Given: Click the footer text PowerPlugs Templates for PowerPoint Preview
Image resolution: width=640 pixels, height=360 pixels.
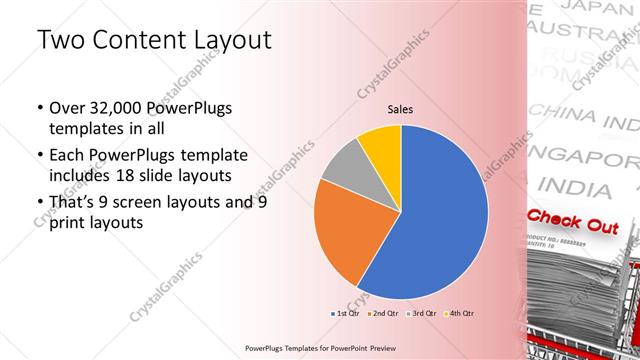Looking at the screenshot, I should coord(320,347).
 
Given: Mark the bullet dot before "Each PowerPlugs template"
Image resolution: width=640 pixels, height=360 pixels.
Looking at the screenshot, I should coord(38,156).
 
